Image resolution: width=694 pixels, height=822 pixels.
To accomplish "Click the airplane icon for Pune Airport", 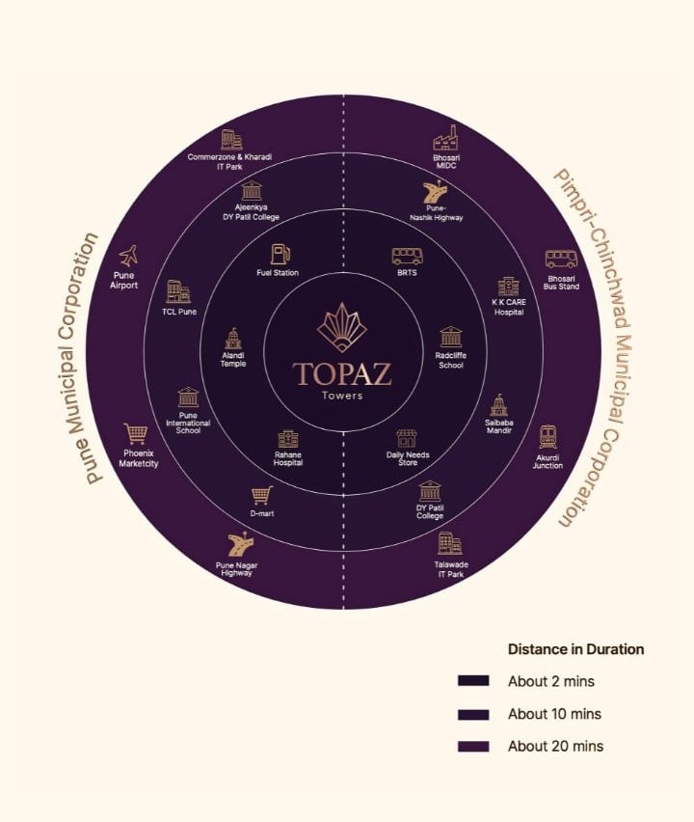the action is [x=127, y=257].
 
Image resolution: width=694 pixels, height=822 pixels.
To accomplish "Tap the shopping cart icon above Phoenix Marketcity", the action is [x=136, y=435].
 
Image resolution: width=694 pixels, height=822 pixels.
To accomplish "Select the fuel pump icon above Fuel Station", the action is [x=280, y=254].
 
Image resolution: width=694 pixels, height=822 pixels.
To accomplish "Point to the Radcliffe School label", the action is [x=450, y=361].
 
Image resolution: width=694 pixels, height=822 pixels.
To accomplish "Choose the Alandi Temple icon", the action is [x=232, y=339].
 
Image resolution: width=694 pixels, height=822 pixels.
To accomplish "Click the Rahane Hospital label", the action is [x=287, y=459].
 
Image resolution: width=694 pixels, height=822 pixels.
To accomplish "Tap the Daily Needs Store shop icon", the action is [x=407, y=438].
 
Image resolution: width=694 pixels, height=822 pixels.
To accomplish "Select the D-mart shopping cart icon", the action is [x=261, y=496].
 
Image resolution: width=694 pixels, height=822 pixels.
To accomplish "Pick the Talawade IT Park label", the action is [x=449, y=570].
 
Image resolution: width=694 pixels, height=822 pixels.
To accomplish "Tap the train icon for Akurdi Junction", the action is [x=547, y=436].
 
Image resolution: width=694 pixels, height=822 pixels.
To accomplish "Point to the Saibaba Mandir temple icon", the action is [x=498, y=405].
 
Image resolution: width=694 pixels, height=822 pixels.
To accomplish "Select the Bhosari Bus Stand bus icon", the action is [x=561, y=259].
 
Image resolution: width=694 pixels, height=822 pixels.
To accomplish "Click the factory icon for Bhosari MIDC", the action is [x=445, y=136].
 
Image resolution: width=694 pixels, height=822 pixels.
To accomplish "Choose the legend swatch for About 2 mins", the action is [x=473, y=681].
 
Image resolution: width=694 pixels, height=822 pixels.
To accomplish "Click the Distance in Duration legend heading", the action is [x=575, y=649].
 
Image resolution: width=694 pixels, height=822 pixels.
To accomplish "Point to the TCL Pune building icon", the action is [x=178, y=291].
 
